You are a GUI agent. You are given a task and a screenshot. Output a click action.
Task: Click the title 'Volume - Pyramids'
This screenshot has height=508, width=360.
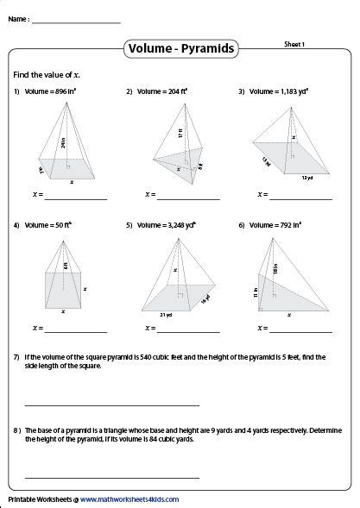180,49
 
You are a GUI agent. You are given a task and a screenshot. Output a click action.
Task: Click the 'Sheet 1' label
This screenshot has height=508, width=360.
296,42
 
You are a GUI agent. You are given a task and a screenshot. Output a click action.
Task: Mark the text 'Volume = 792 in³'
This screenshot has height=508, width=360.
270,224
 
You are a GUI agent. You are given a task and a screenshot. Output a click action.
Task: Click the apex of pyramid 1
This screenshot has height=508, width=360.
67,102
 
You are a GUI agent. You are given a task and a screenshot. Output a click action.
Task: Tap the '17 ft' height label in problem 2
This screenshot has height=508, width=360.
180,134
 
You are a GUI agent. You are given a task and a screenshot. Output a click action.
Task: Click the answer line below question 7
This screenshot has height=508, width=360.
112,405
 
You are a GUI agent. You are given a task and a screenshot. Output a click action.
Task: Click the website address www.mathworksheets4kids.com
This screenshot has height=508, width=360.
131,499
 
